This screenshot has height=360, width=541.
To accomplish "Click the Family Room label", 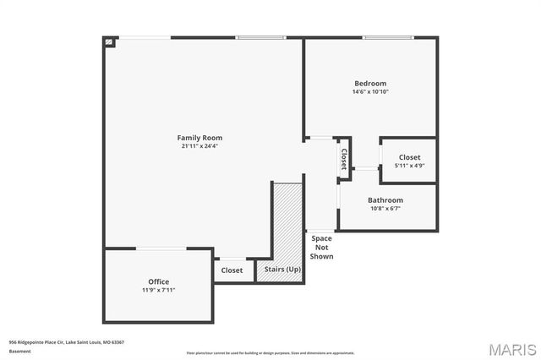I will [200, 138].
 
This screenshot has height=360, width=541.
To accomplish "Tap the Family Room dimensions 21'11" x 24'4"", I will [200, 146].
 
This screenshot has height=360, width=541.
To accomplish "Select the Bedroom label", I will [370, 84].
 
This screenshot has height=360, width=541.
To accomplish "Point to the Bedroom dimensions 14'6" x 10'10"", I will [370, 92].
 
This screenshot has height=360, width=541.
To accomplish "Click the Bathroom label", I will [385, 200].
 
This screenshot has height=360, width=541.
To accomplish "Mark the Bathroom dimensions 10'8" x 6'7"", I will [385, 209].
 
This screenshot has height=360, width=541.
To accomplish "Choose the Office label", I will [158, 281].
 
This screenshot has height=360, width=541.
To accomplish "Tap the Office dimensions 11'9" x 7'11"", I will [158, 290].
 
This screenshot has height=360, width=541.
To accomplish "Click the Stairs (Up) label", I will [282, 270].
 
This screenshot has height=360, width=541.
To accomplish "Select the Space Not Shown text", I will [321, 248].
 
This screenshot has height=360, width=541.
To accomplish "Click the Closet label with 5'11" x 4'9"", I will [409, 157].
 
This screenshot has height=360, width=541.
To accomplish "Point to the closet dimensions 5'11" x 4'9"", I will [409, 166].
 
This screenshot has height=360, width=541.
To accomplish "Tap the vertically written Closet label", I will [344, 158].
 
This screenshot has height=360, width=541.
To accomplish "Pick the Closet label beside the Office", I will [232, 270].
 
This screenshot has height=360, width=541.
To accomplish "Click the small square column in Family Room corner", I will [109, 41].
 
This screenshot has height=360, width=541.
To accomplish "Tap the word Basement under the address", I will [19, 350].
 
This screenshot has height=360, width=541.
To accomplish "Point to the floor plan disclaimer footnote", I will [270, 352].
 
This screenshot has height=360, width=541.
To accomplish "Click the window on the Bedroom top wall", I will [388, 37].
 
